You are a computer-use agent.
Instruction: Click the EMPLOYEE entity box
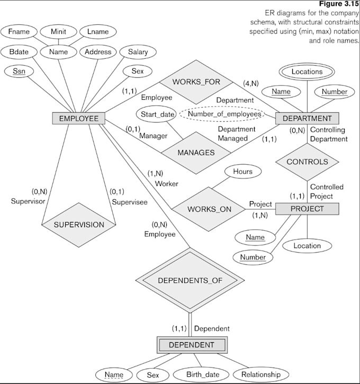(78, 118)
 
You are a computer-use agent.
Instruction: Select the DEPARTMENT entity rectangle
(307, 118)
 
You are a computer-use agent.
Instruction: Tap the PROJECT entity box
(307, 209)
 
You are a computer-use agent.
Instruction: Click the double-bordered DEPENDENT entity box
(191, 345)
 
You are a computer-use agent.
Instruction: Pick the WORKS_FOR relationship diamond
(195, 82)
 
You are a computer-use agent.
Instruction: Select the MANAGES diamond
(196, 153)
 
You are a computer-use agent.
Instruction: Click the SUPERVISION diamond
(79, 224)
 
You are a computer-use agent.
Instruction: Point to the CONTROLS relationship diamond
(307, 162)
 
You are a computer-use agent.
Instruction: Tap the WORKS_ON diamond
(209, 209)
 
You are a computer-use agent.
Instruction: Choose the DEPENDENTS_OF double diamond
(191, 280)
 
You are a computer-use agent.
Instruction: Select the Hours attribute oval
(242, 172)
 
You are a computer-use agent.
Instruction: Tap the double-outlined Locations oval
(307, 72)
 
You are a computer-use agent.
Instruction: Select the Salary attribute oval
(138, 52)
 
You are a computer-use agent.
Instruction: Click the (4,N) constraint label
(250, 83)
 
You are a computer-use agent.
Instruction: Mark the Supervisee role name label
(129, 201)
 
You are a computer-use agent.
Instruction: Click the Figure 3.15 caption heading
(343, 4)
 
